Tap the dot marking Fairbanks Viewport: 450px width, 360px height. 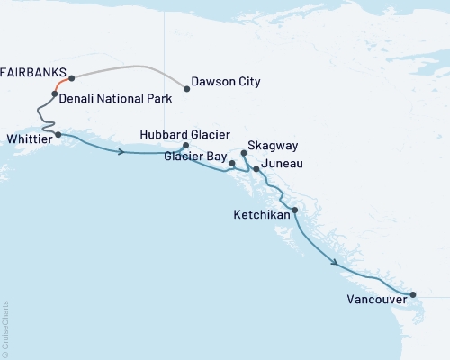pyautogui.click(x=71, y=78)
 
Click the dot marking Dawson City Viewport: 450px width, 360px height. pyautogui.click(x=187, y=88)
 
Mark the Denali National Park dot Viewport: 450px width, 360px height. pyautogui.click(x=55, y=94)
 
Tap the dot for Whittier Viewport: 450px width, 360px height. pyautogui.click(x=58, y=135)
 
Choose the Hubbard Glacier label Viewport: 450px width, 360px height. pyautogui.click(x=179, y=134)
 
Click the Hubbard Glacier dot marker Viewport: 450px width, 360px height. pyautogui.click(x=185, y=146)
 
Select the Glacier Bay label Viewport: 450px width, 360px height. pyautogui.click(x=195, y=155)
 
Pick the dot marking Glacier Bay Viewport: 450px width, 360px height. pyautogui.click(x=232, y=163)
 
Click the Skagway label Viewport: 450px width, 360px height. pyautogui.click(x=272, y=145)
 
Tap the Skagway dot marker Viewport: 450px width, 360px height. pyautogui.click(x=244, y=154)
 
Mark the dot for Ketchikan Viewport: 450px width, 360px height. pyautogui.click(x=295, y=210)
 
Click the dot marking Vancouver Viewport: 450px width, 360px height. pyautogui.click(x=413, y=294)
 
